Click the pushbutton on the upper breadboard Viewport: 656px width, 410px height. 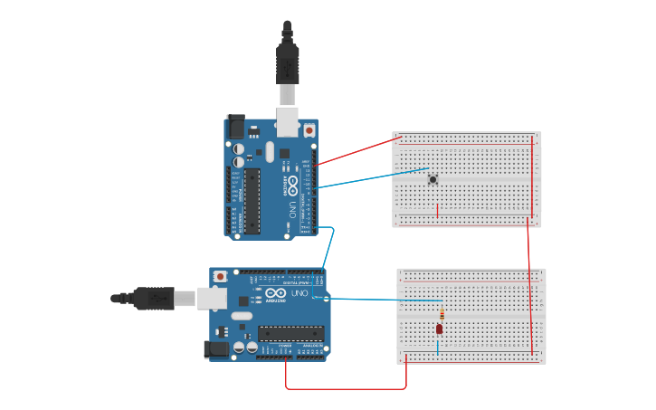coord(433,179)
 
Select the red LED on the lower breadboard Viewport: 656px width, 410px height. coord(440,329)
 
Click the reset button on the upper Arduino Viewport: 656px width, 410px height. coord(309,130)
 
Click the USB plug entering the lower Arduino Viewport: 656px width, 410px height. coord(154,297)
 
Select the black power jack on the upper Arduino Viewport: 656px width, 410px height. coord(235,127)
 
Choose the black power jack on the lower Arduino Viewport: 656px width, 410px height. coord(218,348)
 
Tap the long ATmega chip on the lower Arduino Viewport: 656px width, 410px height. coord(290,334)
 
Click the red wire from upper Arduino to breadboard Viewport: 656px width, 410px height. coord(358,151)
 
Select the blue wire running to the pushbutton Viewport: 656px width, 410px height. coord(371,177)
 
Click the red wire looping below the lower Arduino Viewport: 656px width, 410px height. coord(344,388)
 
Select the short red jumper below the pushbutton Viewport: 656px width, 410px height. coord(438,210)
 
